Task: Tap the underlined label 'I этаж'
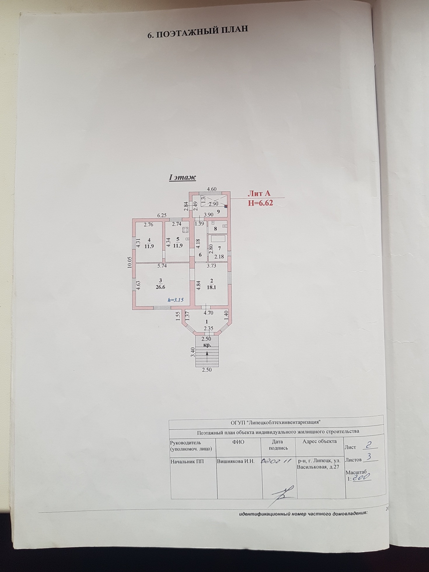(x=182, y=177)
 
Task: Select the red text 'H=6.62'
(x=260, y=203)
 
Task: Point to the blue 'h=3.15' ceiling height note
(x=175, y=300)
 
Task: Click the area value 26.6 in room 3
(x=161, y=287)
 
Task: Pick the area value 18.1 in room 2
(x=212, y=287)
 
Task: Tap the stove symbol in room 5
(x=185, y=230)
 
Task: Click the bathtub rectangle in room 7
(x=218, y=239)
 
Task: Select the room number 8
(x=216, y=229)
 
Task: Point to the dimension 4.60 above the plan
(x=212, y=189)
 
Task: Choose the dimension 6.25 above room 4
(x=162, y=215)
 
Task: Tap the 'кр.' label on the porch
(x=207, y=345)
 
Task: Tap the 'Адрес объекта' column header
(x=320, y=442)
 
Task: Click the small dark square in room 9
(x=226, y=206)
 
